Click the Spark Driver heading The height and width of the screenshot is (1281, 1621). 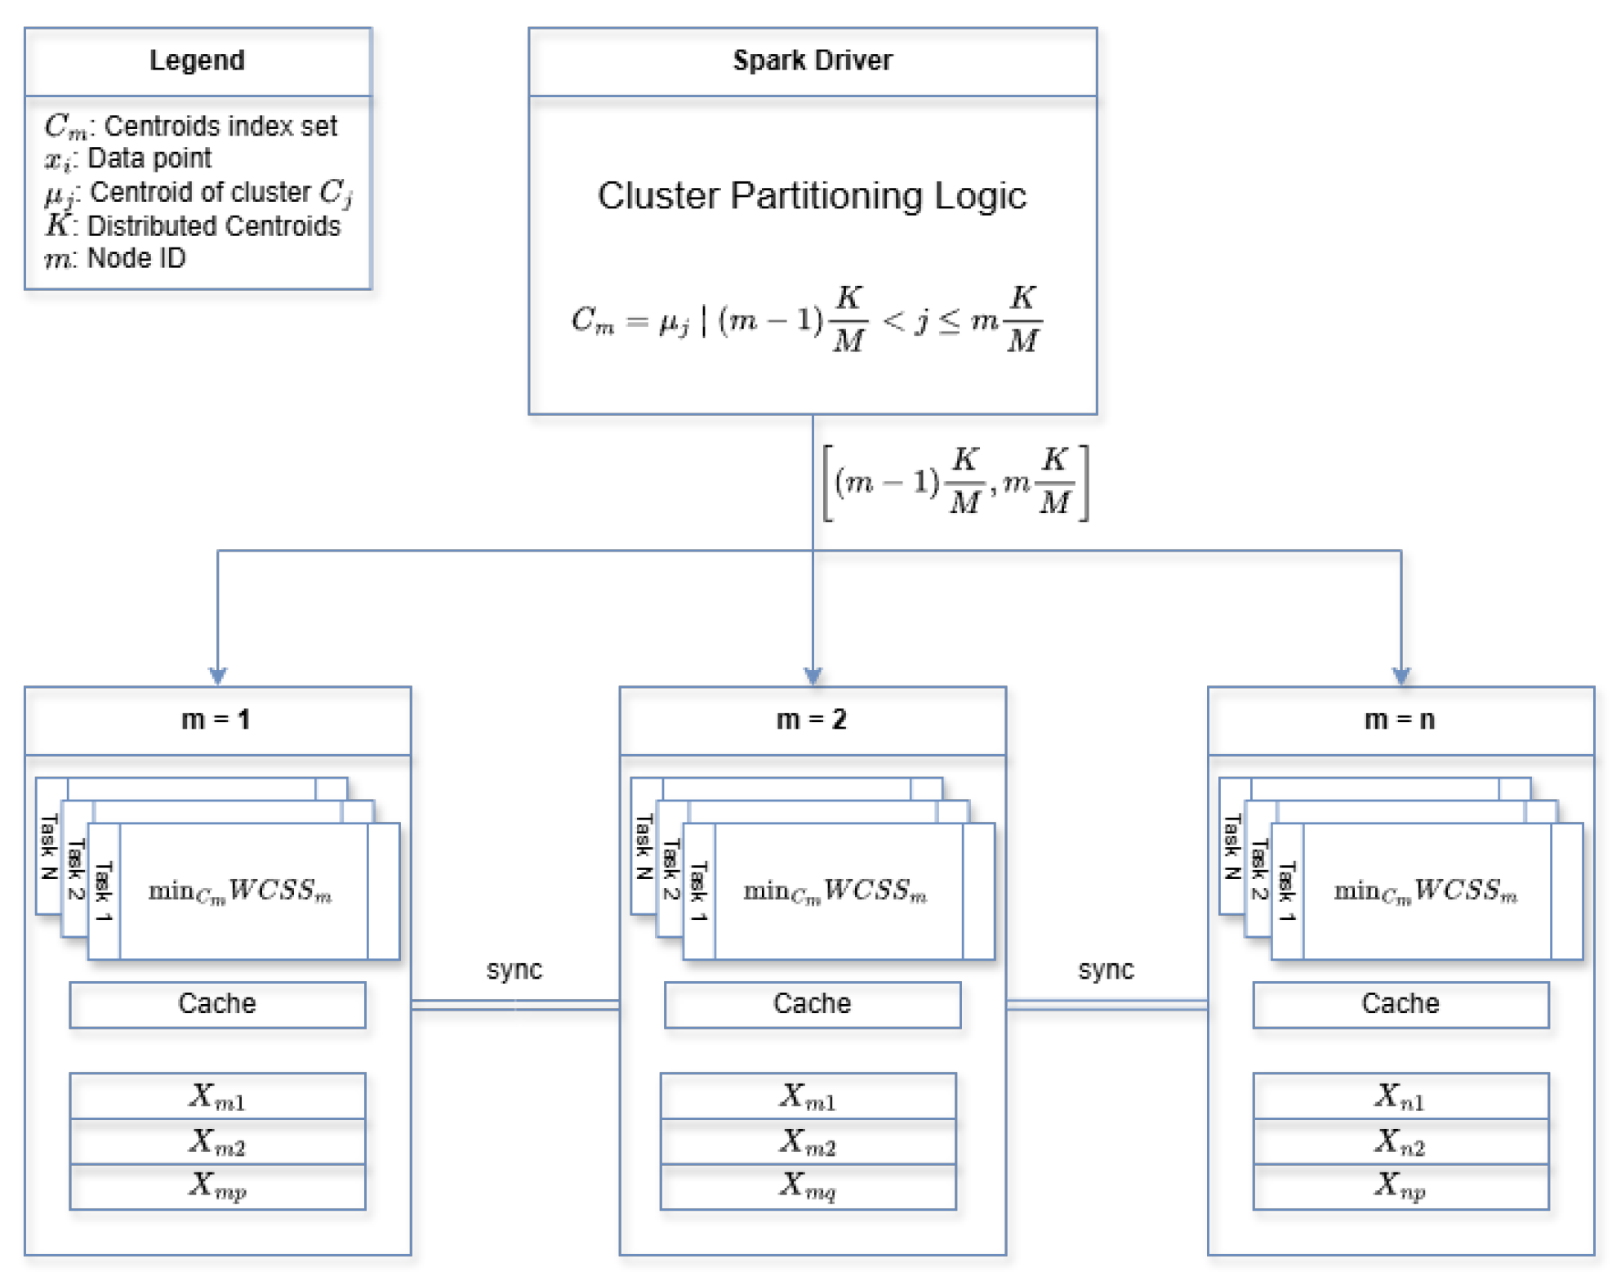pyautogui.click(x=812, y=61)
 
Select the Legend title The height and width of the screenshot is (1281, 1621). pyautogui.click(x=197, y=61)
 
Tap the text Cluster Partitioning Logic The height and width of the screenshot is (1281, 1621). pyautogui.click(x=812, y=196)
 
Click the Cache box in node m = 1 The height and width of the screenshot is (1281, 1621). pyautogui.click(x=217, y=1004)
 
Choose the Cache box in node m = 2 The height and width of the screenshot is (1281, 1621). pyautogui.click(x=812, y=1004)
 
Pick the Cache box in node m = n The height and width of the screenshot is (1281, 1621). pyautogui.click(x=1400, y=1004)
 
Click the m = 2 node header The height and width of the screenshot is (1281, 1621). pyautogui.click(x=812, y=720)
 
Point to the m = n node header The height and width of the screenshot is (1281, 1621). pyautogui.click(x=1400, y=720)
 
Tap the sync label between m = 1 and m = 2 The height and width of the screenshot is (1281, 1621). pyautogui.click(x=514, y=970)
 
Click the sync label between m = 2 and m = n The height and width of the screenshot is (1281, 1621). pyautogui.click(x=1106, y=970)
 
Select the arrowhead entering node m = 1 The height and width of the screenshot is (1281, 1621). pyautogui.click(x=217, y=676)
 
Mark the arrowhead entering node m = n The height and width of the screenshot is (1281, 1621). pyautogui.click(x=1401, y=676)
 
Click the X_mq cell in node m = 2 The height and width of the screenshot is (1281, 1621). pyautogui.click(x=808, y=1186)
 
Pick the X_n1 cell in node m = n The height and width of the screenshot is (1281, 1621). pyautogui.click(x=1400, y=1096)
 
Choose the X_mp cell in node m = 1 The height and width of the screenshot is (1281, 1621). pyautogui.click(x=217, y=1186)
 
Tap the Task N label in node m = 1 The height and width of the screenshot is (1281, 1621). pyautogui.click(x=49, y=846)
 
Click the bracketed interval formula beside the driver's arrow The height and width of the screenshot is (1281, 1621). pyautogui.click(x=955, y=483)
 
